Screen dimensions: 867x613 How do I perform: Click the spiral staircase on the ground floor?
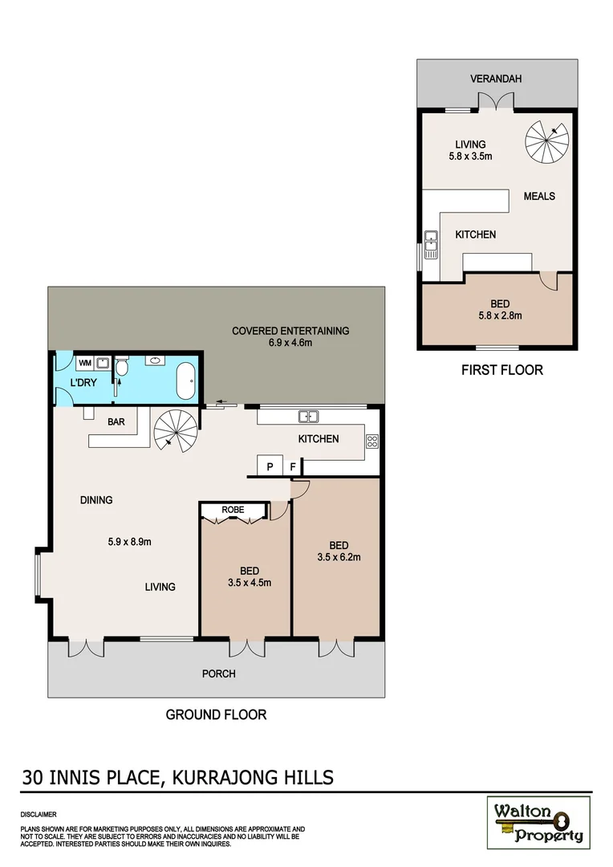173,430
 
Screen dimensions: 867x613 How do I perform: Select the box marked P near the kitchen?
269,466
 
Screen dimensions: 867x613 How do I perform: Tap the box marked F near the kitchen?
293,466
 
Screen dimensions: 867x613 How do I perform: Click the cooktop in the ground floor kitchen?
372,440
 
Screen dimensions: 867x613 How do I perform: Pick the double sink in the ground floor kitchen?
309,416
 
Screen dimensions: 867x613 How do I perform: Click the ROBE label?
233,509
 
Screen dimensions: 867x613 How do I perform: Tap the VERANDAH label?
497,79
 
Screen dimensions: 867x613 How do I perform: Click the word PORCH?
218,674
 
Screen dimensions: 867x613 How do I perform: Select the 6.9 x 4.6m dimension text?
290,343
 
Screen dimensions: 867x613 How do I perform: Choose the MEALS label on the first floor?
539,196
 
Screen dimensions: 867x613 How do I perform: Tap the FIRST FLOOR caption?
501,370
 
